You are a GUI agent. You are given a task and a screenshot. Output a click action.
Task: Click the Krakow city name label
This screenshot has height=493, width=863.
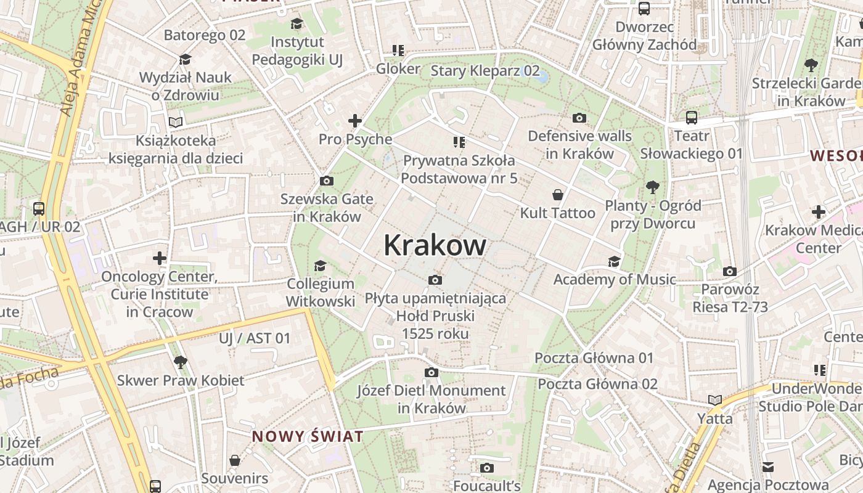click(435, 245)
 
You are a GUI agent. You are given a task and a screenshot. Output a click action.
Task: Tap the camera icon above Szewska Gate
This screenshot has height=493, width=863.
click(327, 181)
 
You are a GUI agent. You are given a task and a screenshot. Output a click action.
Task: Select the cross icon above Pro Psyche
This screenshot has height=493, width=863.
click(355, 121)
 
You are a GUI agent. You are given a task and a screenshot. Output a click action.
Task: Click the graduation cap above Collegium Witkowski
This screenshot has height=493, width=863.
click(320, 266)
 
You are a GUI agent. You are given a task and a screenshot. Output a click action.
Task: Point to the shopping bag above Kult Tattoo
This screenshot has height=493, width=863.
click(558, 195)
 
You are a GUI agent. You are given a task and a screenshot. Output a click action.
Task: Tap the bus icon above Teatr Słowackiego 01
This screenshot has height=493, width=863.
click(692, 117)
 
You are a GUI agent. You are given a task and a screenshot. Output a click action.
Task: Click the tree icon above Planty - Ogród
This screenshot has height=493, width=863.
click(652, 187)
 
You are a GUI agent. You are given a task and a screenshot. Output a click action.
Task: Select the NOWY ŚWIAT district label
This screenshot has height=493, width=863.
click(307, 437)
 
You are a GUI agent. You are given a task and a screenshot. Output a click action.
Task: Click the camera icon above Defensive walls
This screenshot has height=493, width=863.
click(579, 118)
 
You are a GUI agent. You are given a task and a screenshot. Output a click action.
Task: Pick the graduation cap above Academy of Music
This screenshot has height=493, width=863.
click(614, 261)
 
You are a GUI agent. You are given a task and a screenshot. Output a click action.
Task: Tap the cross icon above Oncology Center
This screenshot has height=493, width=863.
click(160, 258)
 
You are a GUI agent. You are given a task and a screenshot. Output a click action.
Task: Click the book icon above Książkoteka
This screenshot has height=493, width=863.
click(176, 122)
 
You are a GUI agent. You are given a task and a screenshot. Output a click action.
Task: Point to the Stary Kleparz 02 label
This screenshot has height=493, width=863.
click(485, 71)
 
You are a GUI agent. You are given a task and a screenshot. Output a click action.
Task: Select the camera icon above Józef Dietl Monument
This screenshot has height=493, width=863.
click(431, 372)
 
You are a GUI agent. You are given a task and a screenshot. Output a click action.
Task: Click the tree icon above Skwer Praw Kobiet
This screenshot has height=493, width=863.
click(180, 362)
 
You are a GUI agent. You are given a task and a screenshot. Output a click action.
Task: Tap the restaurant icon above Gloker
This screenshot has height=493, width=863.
click(398, 51)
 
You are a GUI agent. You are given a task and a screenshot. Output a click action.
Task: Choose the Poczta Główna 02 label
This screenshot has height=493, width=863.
click(597, 384)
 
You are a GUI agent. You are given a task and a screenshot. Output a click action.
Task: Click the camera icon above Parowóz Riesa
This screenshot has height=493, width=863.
click(730, 271)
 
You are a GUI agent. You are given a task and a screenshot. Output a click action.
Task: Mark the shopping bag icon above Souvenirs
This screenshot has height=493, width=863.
click(235, 460)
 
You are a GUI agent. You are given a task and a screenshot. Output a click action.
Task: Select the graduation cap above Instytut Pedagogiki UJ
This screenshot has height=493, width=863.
click(297, 24)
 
